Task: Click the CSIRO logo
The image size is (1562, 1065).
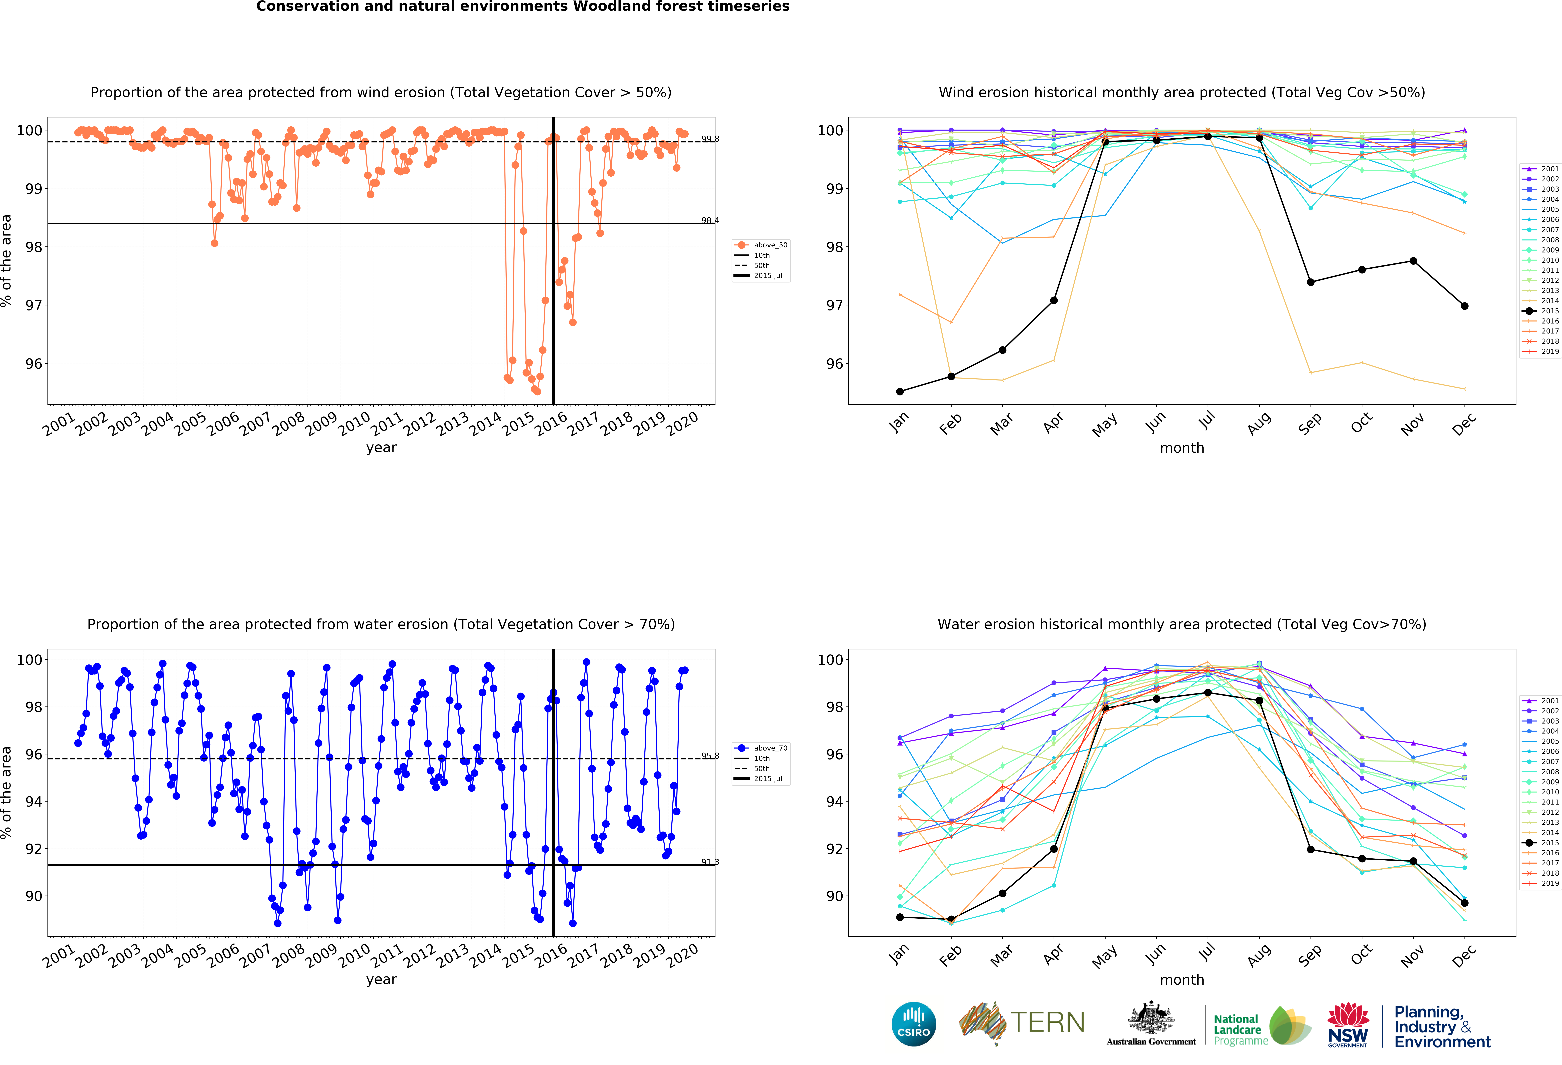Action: click(913, 1024)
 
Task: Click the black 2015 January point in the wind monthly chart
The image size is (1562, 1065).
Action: click(900, 391)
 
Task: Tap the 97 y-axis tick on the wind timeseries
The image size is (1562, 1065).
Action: click(34, 305)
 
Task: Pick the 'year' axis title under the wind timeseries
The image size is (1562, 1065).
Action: click(381, 448)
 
